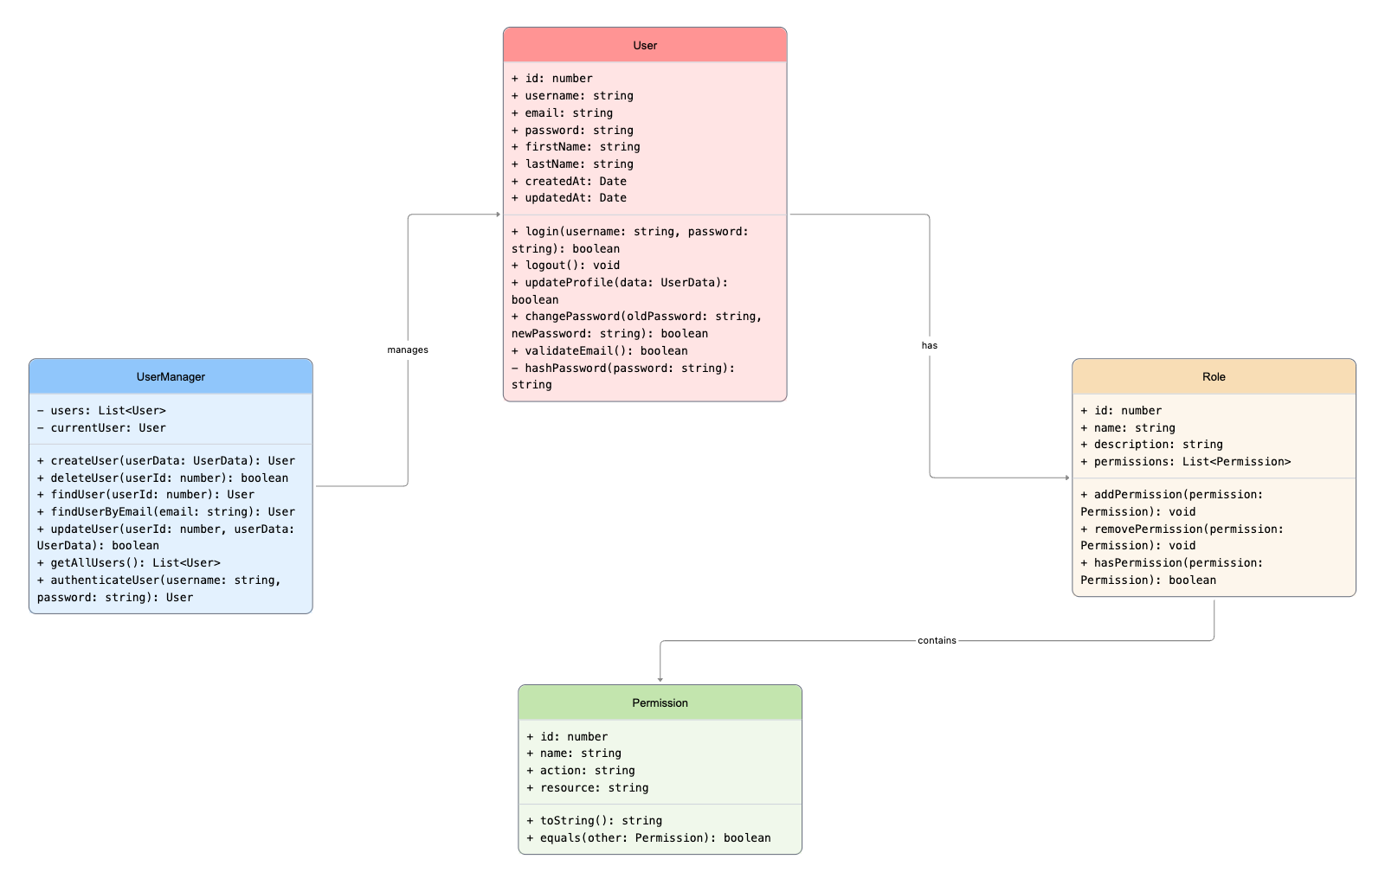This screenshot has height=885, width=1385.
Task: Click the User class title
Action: tap(645, 45)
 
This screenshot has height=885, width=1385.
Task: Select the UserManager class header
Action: tap(171, 376)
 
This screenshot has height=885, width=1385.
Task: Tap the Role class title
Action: tap(1214, 376)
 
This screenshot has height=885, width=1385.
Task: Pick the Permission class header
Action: tap(660, 702)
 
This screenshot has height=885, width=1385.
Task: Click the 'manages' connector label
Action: tap(408, 350)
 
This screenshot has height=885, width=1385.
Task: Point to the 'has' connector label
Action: tap(930, 345)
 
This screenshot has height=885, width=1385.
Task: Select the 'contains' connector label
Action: tap(937, 640)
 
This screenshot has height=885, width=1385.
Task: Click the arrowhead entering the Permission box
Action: tap(660, 680)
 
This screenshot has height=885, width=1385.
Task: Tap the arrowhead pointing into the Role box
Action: tap(1066, 478)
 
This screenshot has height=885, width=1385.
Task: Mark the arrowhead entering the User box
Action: tap(498, 215)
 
